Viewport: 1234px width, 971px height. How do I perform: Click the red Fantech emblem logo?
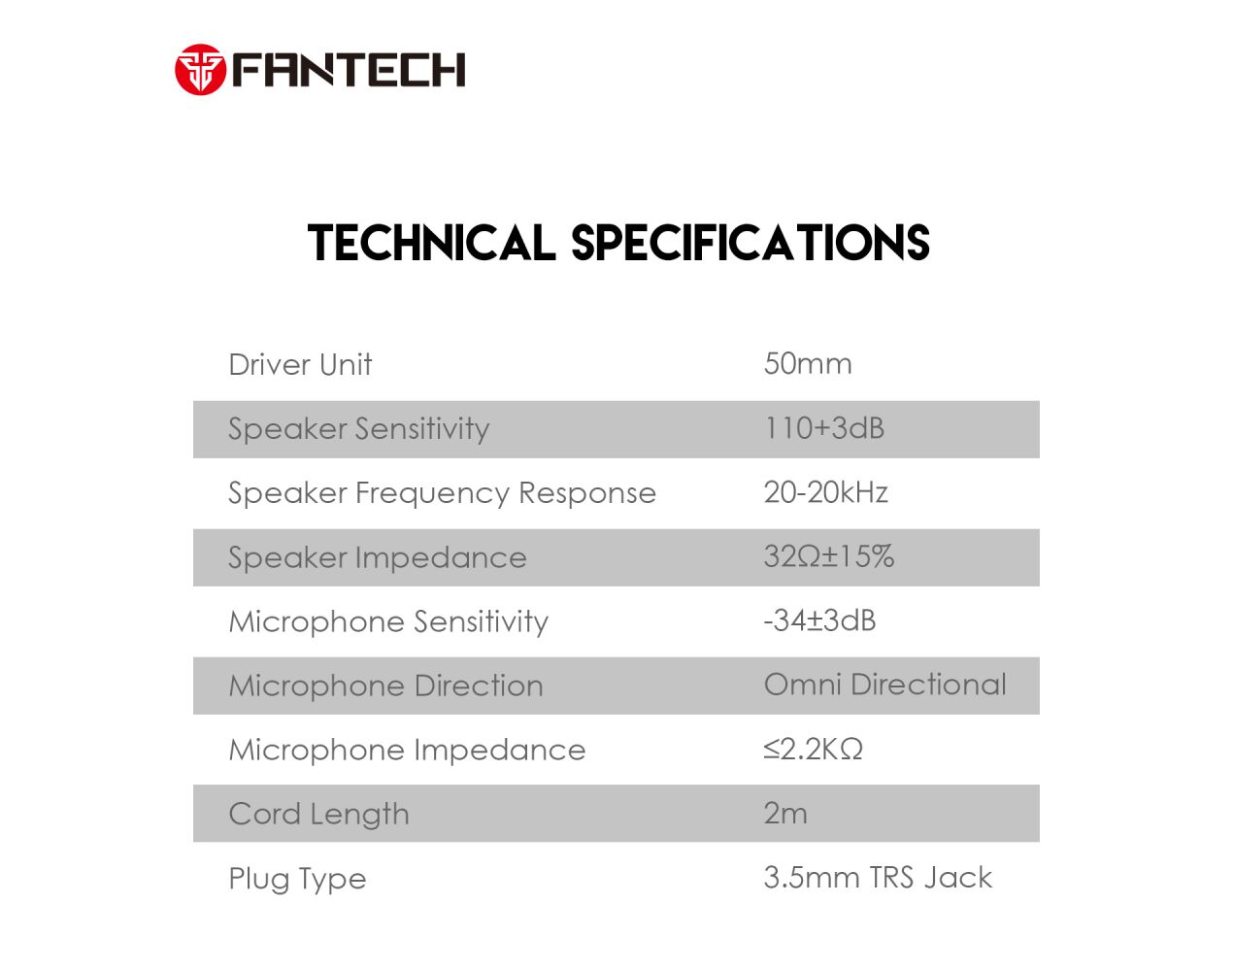(200, 69)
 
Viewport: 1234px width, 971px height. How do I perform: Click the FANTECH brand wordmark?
(349, 70)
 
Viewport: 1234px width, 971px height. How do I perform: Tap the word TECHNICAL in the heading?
(432, 243)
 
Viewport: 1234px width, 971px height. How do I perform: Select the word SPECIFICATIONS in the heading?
(750, 243)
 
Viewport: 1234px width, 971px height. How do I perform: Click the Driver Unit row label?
(300, 365)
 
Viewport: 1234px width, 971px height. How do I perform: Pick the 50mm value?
(808, 363)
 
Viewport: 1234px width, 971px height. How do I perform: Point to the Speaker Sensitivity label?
(359, 430)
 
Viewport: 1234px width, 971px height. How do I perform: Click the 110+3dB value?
(824, 428)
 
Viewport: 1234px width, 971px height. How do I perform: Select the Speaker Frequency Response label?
(442, 494)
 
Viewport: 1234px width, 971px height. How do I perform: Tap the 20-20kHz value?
(825, 492)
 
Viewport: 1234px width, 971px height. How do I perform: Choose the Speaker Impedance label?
(378, 558)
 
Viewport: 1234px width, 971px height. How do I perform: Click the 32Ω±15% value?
(828, 556)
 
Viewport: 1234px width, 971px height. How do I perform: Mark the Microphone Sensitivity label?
(388, 622)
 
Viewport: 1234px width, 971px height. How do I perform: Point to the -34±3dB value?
(820, 620)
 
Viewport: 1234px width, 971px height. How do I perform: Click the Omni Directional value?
(884, 685)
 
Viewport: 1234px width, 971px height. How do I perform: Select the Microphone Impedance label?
(407, 751)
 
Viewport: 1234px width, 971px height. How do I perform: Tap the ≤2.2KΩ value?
(813, 749)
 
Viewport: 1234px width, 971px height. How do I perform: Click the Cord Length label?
(318, 815)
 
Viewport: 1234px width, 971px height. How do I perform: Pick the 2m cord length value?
(785, 814)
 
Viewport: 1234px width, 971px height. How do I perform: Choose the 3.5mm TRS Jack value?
(878, 878)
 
